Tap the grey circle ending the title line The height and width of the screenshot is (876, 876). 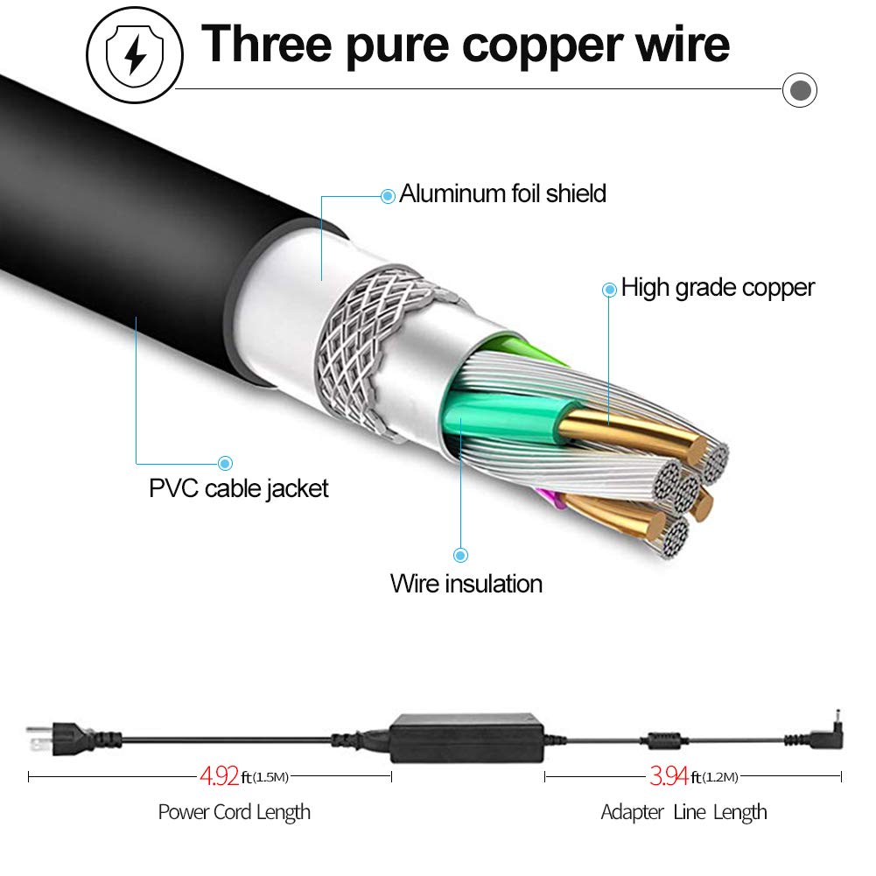799,89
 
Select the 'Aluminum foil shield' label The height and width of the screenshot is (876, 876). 502,193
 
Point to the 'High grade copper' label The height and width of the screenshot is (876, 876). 718,288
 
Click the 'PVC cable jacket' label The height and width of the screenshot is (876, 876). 238,487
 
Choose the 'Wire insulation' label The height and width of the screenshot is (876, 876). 466,584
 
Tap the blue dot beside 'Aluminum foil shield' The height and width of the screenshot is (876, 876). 388,196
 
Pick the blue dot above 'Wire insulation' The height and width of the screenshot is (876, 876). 460,554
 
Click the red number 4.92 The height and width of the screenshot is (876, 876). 220,776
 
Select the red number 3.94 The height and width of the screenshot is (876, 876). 669,776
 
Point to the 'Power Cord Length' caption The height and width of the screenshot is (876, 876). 234,812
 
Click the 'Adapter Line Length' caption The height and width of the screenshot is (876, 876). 683,812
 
